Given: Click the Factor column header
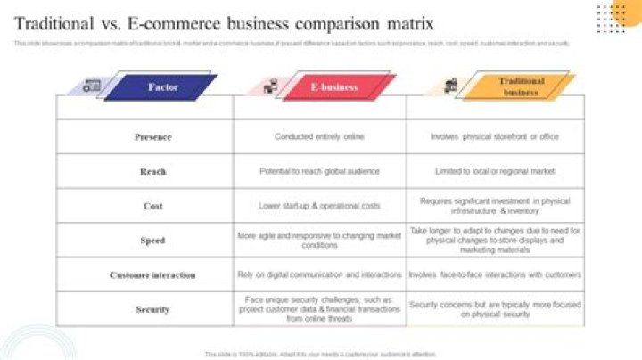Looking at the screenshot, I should click(x=164, y=86).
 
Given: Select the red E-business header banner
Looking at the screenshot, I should click(x=334, y=86).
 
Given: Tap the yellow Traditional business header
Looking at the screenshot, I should click(x=520, y=86).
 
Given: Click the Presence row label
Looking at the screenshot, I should click(x=152, y=137).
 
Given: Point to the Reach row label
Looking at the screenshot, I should click(x=152, y=171).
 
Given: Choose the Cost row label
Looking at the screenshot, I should click(x=152, y=206).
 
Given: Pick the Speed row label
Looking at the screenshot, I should click(x=152, y=241).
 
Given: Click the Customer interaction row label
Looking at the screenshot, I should click(x=152, y=275).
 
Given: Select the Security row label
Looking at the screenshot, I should click(x=152, y=309).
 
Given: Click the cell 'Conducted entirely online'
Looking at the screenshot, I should click(x=319, y=137).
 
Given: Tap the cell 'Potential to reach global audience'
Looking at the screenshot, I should click(x=319, y=171).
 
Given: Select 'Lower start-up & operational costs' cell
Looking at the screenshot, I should click(x=319, y=206).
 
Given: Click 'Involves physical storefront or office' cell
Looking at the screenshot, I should click(x=494, y=137).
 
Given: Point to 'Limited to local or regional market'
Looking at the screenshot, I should click(x=494, y=171).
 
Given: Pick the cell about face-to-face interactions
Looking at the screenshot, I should click(x=496, y=275).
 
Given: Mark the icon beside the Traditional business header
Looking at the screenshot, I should click(x=448, y=86).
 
